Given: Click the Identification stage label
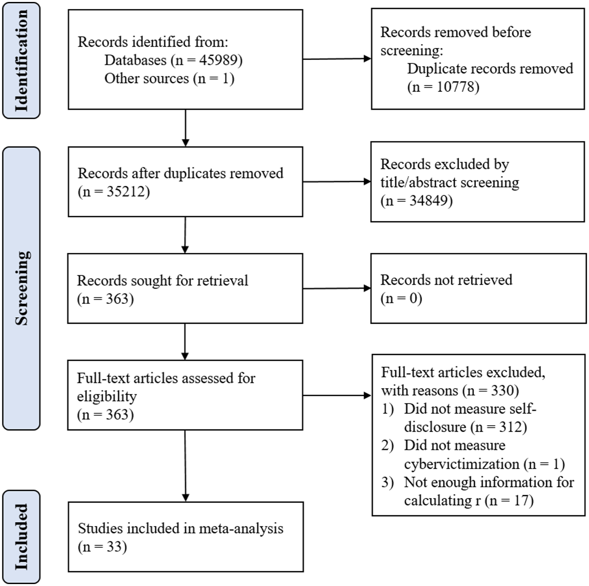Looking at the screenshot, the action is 21,60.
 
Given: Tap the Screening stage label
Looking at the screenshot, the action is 21,288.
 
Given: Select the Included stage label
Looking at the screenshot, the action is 21,537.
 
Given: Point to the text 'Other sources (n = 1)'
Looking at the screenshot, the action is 169,78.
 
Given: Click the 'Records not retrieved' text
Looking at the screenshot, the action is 446,280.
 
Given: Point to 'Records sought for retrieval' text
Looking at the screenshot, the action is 163,281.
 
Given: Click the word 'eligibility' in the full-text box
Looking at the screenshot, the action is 107,396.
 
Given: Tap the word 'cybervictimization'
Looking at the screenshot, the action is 462,464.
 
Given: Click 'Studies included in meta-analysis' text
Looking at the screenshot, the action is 180,529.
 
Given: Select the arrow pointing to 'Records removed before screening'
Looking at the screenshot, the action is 337,59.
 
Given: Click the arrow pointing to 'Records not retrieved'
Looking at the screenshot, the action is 337,288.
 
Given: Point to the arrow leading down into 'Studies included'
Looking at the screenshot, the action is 185,466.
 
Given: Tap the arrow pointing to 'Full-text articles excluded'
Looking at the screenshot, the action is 337,395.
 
